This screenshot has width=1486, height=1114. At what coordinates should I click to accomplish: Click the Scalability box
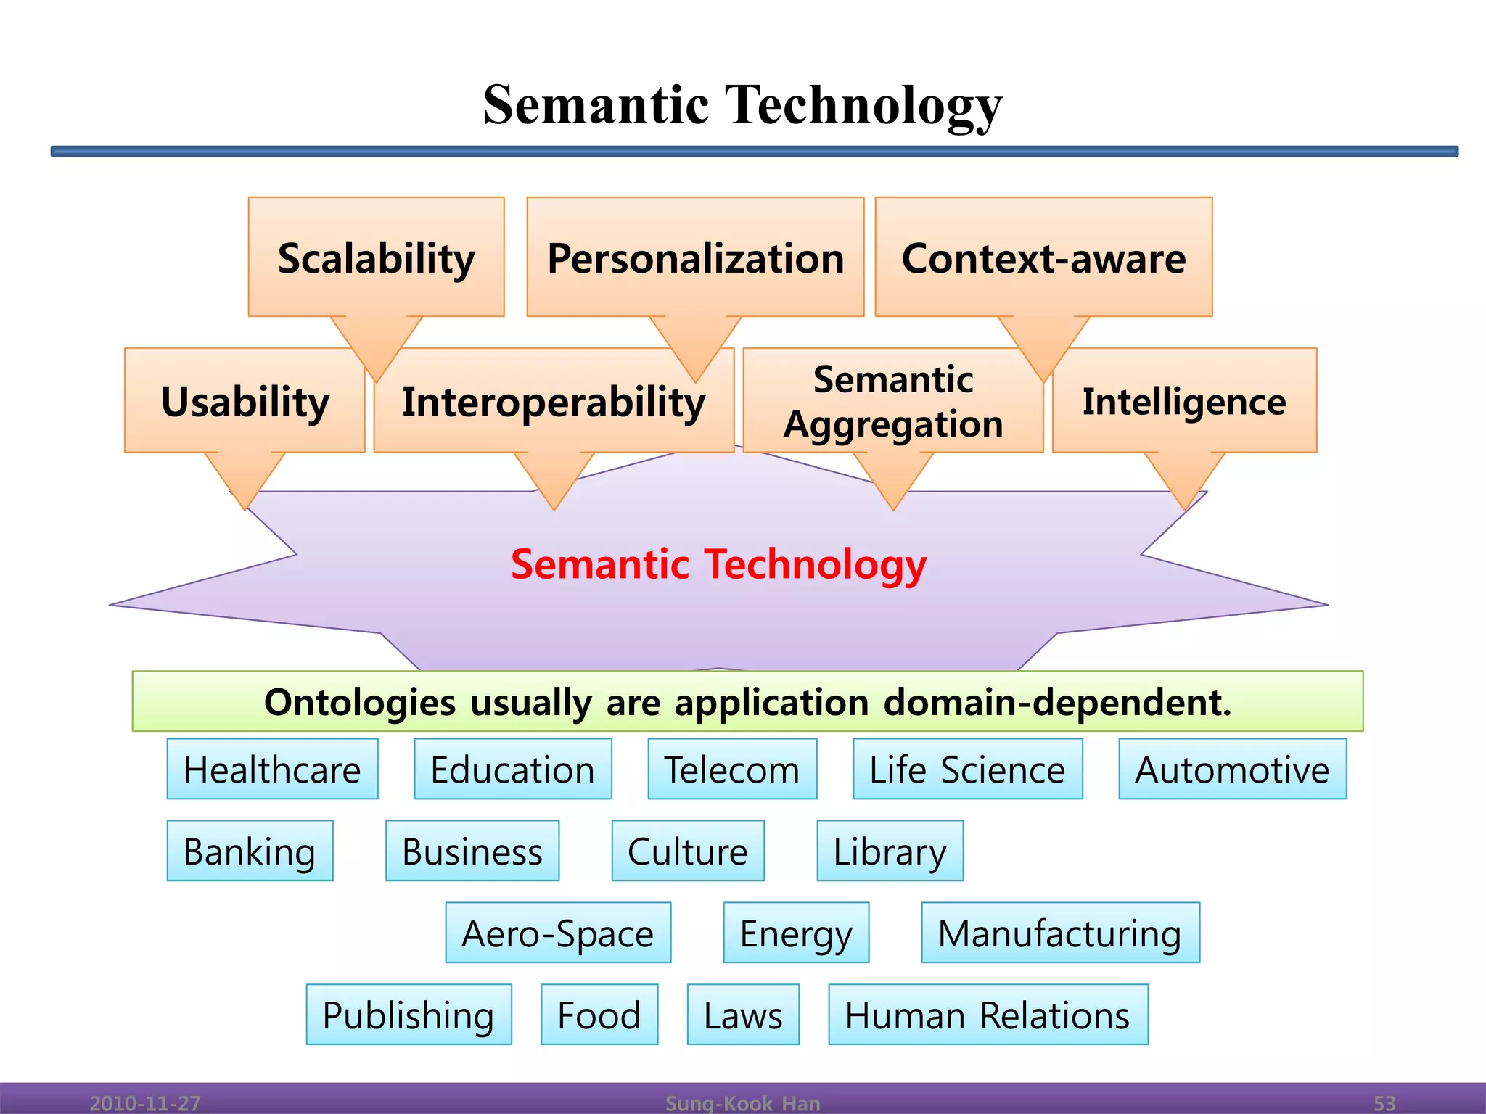[x=376, y=257]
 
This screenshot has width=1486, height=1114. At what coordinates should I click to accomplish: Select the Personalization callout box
[x=695, y=257]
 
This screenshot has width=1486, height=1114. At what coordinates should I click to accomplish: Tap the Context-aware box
[x=1043, y=257]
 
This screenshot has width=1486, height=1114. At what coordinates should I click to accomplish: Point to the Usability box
[x=245, y=401]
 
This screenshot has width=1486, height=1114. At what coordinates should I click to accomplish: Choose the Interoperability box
[x=554, y=401]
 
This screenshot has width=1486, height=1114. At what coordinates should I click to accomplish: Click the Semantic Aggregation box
[x=893, y=401]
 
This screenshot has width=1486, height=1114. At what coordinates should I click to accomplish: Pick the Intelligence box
[x=1184, y=401]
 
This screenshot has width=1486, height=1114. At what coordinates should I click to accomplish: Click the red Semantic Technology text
[x=718, y=564]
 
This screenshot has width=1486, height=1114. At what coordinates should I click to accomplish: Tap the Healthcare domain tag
[x=272, y=769]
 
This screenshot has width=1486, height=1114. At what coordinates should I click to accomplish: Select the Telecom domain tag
[x=732, y=769]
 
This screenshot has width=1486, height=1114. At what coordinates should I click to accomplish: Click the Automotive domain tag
[x=1232, y=769]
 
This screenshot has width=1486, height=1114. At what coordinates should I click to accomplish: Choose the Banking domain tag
[x=250, y=851]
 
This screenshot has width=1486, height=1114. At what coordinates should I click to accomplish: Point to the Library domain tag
[x=890, y=851]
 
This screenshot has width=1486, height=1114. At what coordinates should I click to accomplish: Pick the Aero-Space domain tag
[x=558, y=933]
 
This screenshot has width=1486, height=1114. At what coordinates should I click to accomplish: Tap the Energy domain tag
[x=796, y=933]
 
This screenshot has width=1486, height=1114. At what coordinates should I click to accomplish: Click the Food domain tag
[x=599, y=1015]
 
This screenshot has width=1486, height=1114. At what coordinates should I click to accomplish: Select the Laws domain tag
[x=743, y=1015]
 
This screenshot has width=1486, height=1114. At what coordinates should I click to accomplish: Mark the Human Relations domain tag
[x=988, y=1015]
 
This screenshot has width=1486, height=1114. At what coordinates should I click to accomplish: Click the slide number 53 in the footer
[x=1384, y=1103]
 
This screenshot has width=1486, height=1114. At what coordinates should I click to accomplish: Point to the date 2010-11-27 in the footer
[x=145, y=1103]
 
